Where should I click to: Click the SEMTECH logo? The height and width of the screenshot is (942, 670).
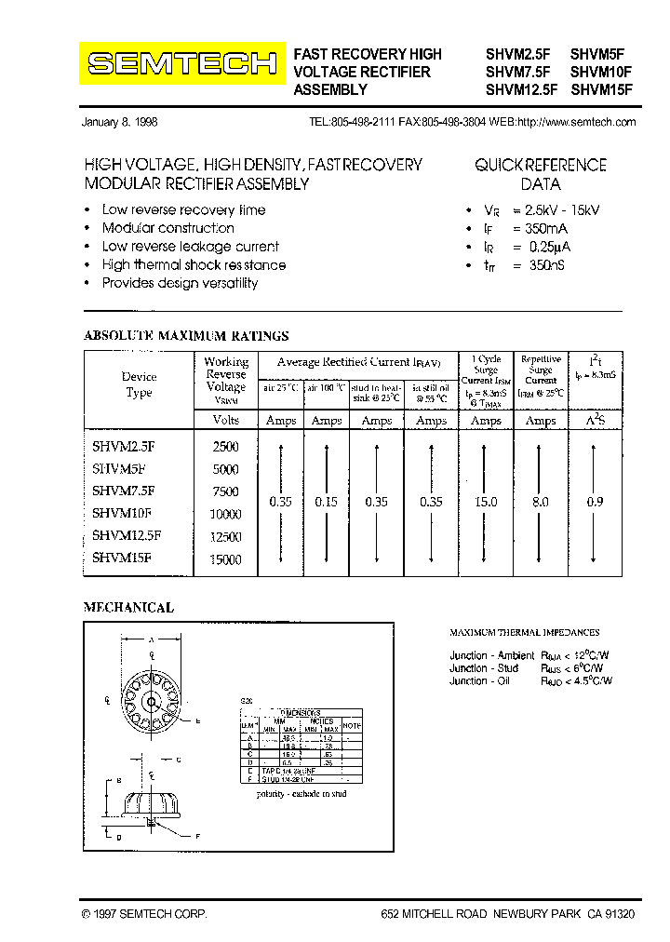(181, 63)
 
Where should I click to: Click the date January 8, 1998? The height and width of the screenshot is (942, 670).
(125, 123)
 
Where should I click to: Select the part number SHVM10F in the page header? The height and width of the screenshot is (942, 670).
(601, 72)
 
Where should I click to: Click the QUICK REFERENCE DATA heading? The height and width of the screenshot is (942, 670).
(541, 174)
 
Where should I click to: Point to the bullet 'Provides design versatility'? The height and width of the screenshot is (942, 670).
(180, 283)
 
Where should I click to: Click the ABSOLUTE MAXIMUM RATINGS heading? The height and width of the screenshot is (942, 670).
(186, 335)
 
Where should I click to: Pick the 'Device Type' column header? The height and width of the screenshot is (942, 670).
(139, 384)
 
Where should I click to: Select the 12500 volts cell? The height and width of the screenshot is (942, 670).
(225, 537)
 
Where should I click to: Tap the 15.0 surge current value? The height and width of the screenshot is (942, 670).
(486, 502)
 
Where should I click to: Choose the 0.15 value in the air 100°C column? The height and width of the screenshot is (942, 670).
(327, 502)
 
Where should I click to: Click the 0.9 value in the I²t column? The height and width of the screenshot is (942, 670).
(595, 502)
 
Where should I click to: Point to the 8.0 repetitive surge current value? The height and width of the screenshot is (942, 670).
(541, 502)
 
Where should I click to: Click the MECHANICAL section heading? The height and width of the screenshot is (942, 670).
(128, 607)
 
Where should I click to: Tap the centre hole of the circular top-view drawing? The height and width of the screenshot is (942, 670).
(150, 699)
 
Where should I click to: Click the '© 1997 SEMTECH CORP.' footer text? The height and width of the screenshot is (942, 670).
(143, 915)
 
